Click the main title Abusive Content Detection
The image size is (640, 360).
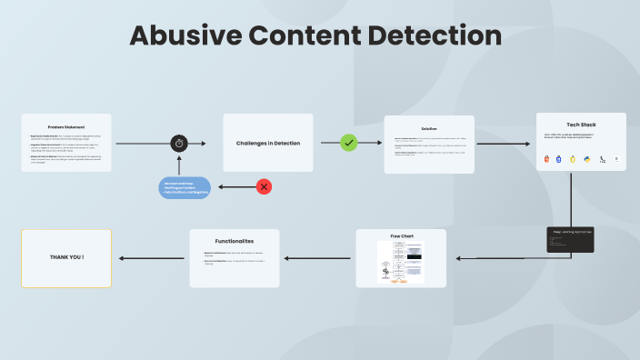(315, 35)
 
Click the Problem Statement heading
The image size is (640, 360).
(66, 126)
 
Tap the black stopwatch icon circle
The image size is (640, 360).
(179, 144)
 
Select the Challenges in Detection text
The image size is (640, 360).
(268, 143)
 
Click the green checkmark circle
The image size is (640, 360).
(348, 143)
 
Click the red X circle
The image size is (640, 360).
(264, 186)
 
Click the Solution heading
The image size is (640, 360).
(429, 128)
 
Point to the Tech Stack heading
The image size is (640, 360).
(581, 125)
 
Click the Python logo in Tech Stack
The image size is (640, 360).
(587, 159)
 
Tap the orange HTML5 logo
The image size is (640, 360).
(546, 159)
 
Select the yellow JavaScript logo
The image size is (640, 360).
(574, 159)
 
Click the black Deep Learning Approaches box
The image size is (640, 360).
(571, 239)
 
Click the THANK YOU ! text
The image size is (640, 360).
(66, 257)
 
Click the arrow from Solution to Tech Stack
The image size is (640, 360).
(505, 144)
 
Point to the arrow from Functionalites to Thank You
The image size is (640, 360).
(152, 258)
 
